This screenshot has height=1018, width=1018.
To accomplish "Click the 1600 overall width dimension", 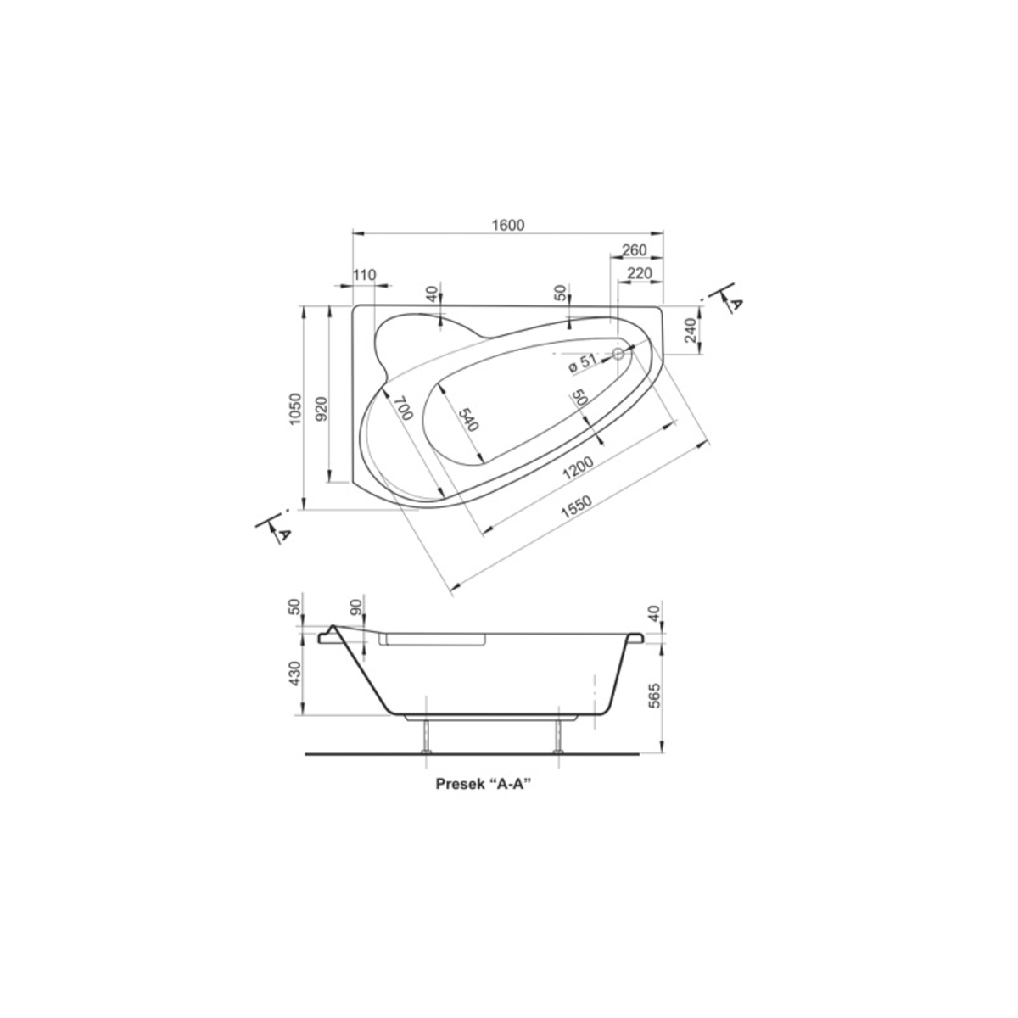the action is (507, 225).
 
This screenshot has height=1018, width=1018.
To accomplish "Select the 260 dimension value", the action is (634, 250).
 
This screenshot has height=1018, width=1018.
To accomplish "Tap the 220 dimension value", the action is (640, 273).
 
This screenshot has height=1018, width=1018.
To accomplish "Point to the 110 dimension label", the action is (364, 275).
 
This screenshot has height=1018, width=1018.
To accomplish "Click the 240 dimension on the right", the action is (692, 330).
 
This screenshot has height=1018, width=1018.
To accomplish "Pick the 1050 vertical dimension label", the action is (295, 408).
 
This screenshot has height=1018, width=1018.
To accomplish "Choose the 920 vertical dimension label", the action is (322, 408).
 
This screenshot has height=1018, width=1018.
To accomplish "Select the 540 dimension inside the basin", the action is (468, 419).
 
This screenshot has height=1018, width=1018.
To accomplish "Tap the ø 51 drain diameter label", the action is (582, 363).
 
